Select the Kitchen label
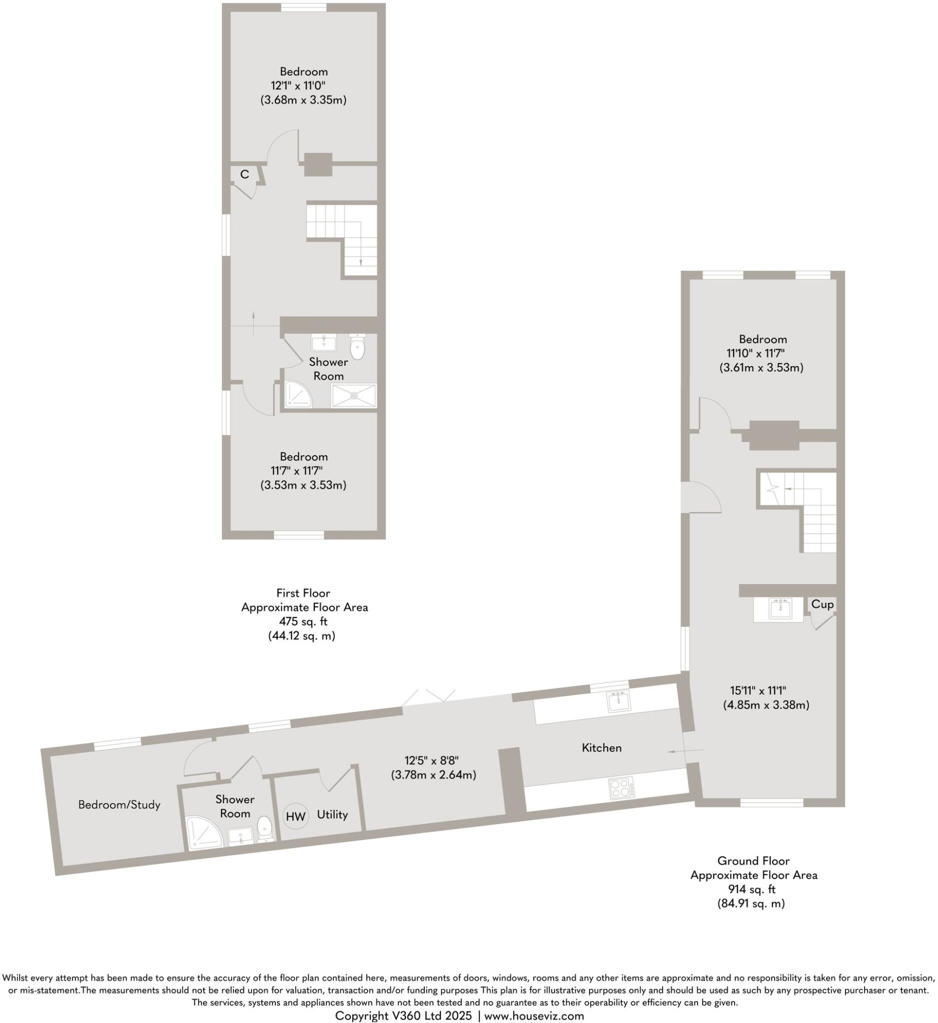coord(602,747)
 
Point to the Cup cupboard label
coord(822,604)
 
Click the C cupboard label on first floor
coord(245,174)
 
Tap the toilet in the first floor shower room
coord(357,348)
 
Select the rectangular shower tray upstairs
coord(354,396)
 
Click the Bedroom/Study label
coord(119,804)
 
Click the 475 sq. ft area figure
coord(303,621)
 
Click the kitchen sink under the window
coord(618,702)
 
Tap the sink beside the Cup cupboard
coord(780,608)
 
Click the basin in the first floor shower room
coord(324,343)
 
